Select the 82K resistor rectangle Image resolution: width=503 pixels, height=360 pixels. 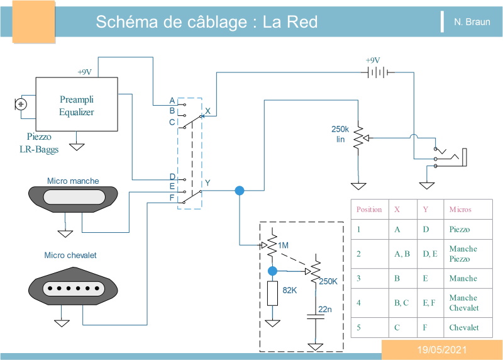[272, 293]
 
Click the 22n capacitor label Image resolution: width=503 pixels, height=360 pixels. [325, 309]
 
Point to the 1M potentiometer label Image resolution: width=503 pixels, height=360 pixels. [284, 245]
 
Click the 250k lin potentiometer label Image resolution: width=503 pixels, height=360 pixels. [340, 134]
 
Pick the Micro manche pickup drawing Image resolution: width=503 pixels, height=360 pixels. [73, 199]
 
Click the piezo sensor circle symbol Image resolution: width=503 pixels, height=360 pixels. [21, 104]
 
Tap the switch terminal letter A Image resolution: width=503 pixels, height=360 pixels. [172, 101]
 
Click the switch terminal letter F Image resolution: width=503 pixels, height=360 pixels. [172, 198]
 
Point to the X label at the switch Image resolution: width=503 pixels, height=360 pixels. [207, 111]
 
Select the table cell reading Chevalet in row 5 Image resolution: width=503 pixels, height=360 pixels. [464, 327]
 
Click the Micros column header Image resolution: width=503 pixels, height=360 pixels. [460, 210]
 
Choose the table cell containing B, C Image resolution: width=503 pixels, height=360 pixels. [402, 303]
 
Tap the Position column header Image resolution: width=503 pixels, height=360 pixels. [369, 210]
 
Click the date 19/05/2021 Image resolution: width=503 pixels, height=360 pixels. [442, 350]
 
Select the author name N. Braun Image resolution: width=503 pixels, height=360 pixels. [472, 22]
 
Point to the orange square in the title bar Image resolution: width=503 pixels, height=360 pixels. [34, 21]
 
